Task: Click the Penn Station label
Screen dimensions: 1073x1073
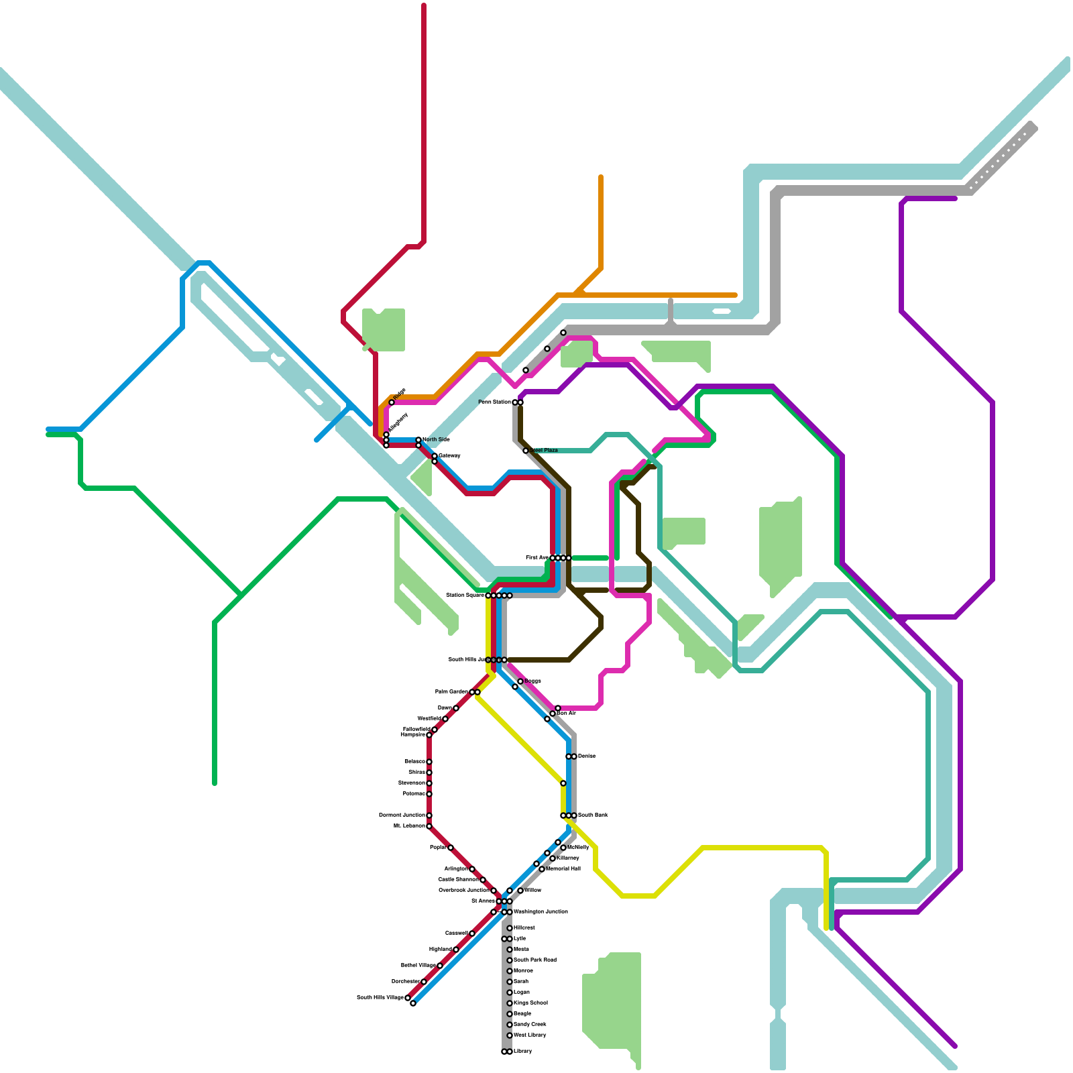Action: [x=494, y=402]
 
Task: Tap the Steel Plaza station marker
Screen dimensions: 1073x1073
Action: [x=526, y=451]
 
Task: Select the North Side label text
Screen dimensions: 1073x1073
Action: [x=436, y=440]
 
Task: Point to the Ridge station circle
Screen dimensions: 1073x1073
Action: [x=392, y=402]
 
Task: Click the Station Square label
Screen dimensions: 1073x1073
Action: [x=465, y=596]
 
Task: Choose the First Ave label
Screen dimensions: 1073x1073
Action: [x=536, y=558]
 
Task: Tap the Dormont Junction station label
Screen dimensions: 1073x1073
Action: [x=402, y=815]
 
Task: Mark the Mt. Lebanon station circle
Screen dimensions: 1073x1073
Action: [x=429, y=826]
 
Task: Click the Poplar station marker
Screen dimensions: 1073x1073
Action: [x=451, y=848]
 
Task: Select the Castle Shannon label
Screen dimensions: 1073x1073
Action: [x=458, y=880]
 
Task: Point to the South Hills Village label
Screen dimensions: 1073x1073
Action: [x=380, y=998]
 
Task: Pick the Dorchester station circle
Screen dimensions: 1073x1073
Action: [x=424, y=982]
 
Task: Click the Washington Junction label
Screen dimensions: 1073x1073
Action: [x=541, y=912]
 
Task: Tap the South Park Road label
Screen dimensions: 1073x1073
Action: [x=534, y=960]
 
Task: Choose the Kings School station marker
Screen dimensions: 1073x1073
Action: [x=510, y=1003]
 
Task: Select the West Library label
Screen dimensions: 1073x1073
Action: [x=530, y=1035]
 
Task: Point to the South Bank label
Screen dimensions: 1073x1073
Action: [x=593, y=815]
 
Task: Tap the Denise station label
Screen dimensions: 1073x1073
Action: [x=586, y=756]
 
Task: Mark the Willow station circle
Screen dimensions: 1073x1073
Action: [x=520, y=891]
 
